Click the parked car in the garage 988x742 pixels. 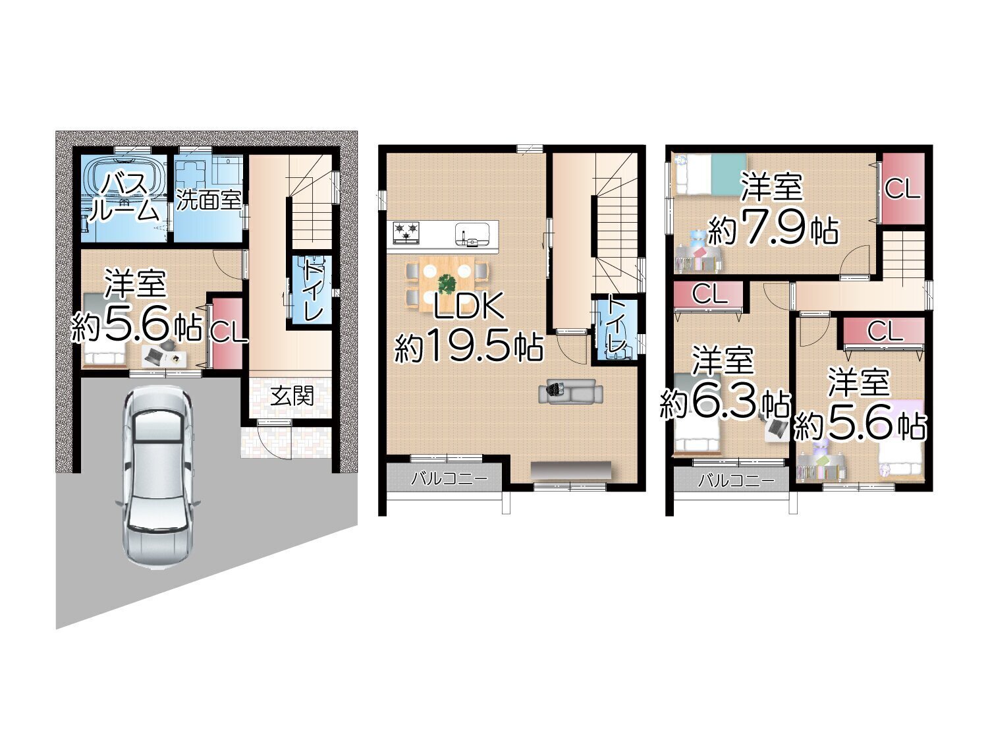pos(159,478)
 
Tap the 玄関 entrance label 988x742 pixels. pos(292,396)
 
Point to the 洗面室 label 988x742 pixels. pos(208,200)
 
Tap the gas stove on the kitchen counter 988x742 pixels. pos(406,231)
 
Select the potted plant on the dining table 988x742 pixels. pos(447,283)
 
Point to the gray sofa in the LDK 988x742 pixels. pos(571,391)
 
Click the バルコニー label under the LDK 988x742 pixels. pos(449,479)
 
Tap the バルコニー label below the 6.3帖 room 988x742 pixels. pos(736,481)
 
